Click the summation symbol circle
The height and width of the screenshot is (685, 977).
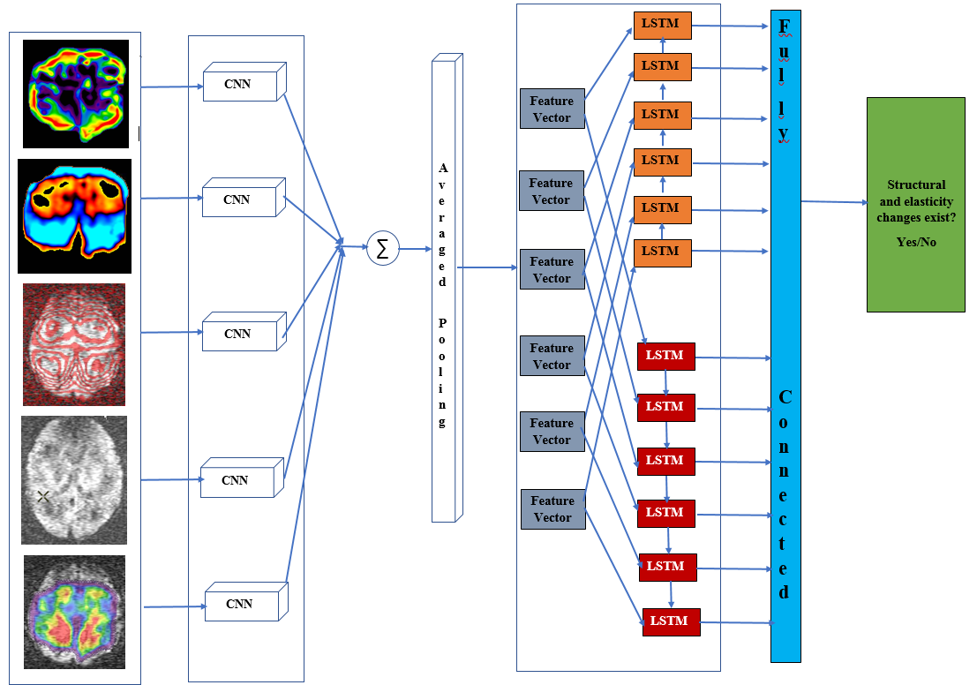point(382,249)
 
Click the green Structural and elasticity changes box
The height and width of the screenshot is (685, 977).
point(915,204)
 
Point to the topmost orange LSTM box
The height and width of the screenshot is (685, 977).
point(661,25)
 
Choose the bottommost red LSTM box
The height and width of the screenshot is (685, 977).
point(671,621)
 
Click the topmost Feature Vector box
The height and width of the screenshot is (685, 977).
point(551,109)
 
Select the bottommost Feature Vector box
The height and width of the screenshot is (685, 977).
point(552,509)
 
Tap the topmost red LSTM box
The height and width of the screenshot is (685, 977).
point(665,356)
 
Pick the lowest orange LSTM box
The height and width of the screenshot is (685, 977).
point(661,252)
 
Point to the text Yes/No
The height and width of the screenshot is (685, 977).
point(916,242)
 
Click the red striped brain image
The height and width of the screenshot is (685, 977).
point(74,344)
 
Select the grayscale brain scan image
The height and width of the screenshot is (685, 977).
point(74,479)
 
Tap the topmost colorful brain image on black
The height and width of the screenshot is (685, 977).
point(77,92)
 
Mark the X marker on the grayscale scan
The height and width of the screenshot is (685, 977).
point(43,497)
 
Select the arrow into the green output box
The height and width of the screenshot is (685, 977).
point(834,202)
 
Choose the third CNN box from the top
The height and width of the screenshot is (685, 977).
point(237,334)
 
